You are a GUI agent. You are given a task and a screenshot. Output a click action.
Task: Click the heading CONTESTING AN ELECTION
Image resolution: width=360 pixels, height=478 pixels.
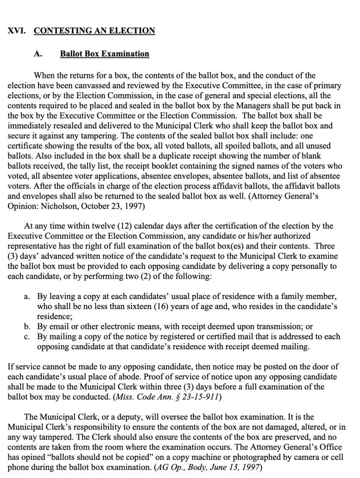click(94, 31)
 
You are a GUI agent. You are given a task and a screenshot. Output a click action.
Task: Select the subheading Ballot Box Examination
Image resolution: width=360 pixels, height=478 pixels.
click(105, 54)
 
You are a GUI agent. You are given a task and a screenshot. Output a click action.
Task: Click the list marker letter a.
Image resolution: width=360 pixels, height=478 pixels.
click(27, 296)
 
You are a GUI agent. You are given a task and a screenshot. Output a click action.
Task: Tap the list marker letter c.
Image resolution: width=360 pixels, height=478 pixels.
click(27, 337)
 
